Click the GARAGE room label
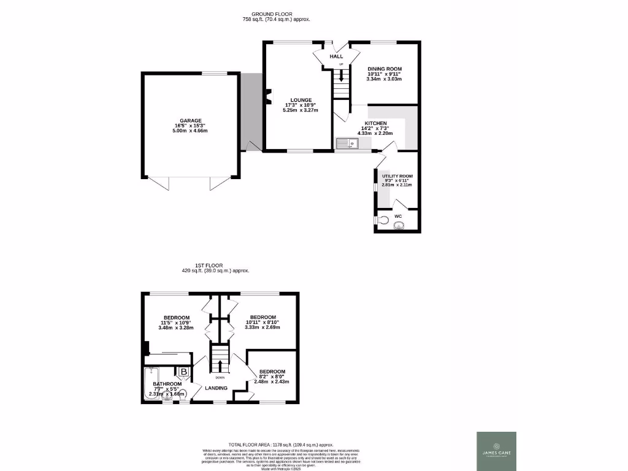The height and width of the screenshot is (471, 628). pos(190,121)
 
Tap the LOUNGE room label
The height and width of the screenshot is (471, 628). pos(301,100)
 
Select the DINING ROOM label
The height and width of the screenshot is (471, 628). pos(384,68)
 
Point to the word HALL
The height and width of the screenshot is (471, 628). pos(336,56)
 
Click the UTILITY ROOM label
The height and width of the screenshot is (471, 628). pos(397,175)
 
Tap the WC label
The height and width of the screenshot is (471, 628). pos(397,216)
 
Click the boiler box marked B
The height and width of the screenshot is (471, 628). pos(183,372)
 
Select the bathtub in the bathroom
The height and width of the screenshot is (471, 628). pos(151,383)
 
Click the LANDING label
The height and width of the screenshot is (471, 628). pos(216,388)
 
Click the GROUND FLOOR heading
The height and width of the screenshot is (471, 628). pos(272,14)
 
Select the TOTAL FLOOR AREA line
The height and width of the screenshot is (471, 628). pos(280,445)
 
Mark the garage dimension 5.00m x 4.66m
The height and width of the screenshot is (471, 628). pos(190,131)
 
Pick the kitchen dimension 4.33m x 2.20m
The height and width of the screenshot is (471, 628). pos(375,133)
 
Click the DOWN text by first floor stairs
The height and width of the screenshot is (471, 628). pos(220,377)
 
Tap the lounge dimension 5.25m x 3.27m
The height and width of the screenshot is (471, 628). pos(301,110)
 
